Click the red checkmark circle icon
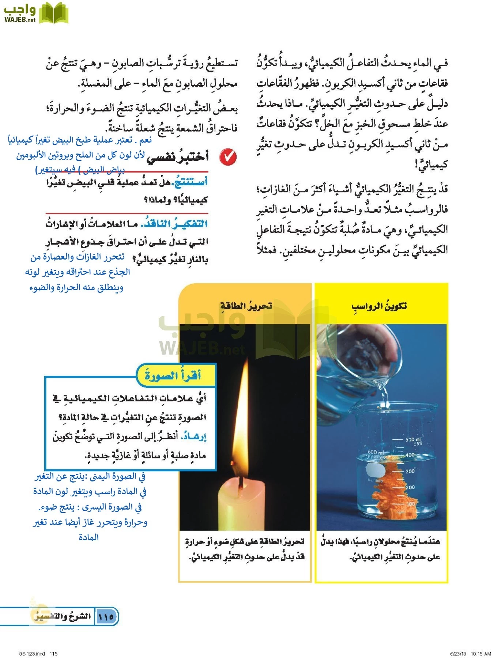[228, 157]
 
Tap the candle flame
[242, 420]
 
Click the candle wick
[241, 483]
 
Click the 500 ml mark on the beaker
[413, 440]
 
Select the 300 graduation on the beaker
[410, 471]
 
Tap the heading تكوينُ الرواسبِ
[379, 306]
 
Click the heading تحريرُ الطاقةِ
[246, 306]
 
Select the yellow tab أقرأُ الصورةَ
[173, 375]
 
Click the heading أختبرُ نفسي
[178, 156]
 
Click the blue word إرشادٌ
[193, 436]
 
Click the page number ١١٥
[106, 617]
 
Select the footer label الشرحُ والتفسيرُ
[62, 617]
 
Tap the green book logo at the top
[53, 13]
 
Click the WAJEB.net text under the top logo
[20, 20]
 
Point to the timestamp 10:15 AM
[480, 654]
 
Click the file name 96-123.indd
[32, 654]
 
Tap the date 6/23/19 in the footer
[458, 654]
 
